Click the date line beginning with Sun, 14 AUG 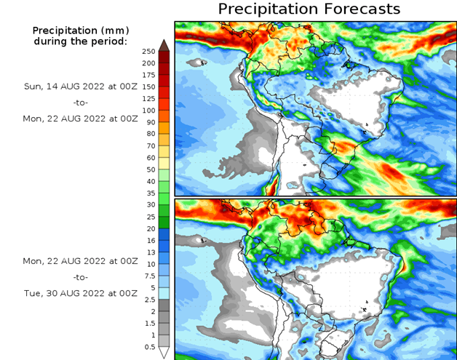coord(80,86)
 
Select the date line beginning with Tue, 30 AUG coord(80,293)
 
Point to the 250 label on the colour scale coord(149,52)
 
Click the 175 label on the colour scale coord(149,75)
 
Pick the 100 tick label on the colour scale coord(149,111)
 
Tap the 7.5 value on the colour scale coord(149,276)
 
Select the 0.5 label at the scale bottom coord(149,346)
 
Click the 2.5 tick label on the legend coord(149,300)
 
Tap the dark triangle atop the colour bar coord(164,45)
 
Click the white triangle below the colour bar coord(164,352)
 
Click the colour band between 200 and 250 coord(164,57)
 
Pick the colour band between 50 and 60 coord(164,164)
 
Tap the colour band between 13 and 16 coord(164,246)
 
